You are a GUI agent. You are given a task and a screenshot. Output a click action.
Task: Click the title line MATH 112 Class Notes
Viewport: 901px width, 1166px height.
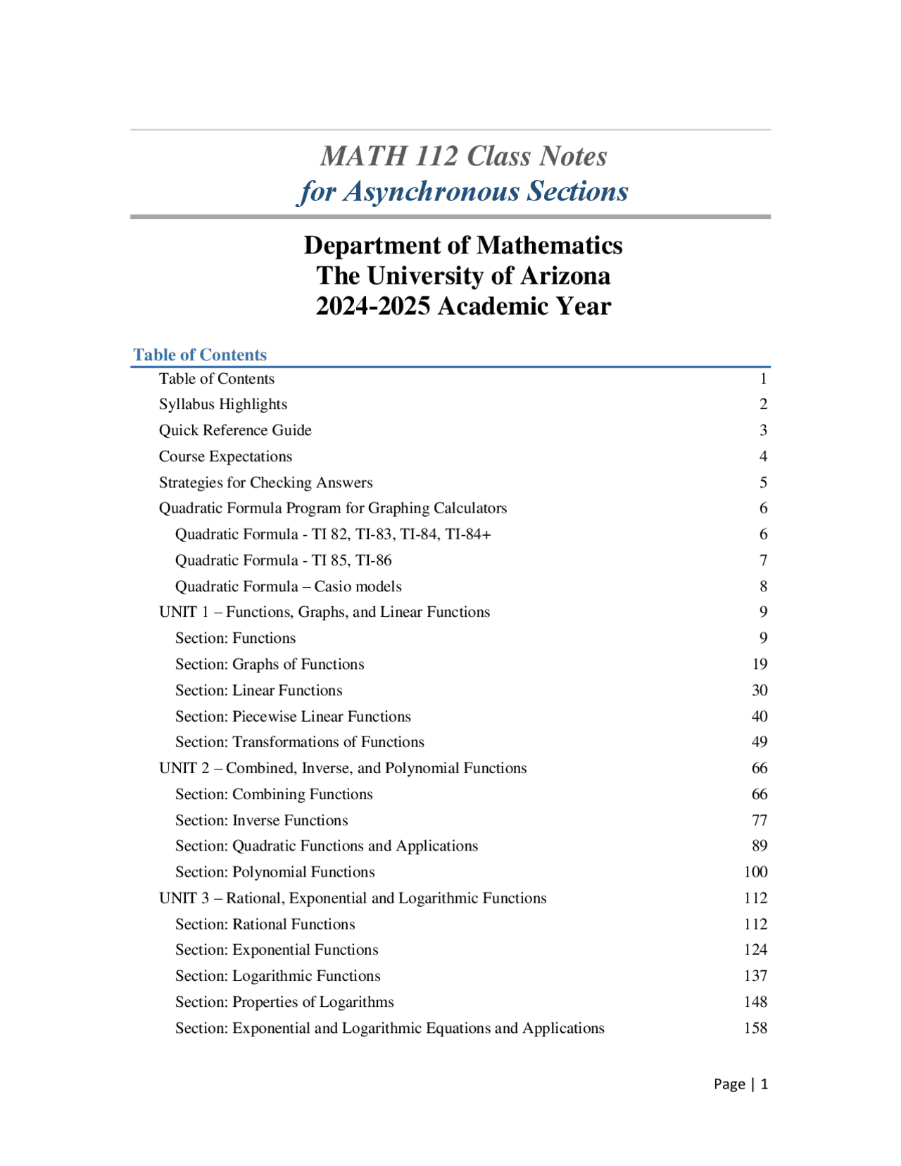click(463, 156)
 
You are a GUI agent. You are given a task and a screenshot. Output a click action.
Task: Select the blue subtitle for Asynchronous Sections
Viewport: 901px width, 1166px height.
click(463, 192)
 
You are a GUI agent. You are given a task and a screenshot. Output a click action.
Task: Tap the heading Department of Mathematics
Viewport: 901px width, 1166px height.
click(463, 245)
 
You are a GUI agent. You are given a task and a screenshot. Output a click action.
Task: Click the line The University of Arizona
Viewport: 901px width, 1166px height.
click(463, 275)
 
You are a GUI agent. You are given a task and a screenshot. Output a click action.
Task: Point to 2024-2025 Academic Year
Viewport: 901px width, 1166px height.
click(463, 306)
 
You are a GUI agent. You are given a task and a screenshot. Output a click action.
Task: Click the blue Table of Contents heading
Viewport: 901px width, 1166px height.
click(200, 355)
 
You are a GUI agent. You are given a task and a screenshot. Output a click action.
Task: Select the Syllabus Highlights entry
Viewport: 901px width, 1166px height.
click(223, 404)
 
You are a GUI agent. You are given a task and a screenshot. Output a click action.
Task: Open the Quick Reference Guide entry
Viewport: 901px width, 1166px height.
click(235, 430)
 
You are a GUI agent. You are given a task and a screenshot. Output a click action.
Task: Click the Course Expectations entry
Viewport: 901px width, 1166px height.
click(225, 456)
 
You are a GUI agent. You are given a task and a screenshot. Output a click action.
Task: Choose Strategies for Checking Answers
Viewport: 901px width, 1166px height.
click(265, 482)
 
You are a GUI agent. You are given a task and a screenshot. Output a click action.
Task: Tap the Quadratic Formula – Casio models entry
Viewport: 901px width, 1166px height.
click(289, 587)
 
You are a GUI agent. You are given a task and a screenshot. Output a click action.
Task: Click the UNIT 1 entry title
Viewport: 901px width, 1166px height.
click(325, 612)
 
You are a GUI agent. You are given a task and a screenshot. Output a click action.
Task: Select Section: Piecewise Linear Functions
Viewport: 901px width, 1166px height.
click(293, 716)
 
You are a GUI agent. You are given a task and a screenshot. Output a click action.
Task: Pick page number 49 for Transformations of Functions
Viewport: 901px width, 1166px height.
click(759, 742)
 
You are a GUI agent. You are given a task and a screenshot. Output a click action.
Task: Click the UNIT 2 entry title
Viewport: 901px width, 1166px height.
click(343, 768)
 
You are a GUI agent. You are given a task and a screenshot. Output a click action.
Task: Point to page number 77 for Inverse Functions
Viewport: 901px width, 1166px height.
click(759, 820)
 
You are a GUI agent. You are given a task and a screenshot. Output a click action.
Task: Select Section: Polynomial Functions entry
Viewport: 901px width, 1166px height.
click(275, 872)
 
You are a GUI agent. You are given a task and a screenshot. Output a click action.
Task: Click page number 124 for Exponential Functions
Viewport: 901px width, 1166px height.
click(755, 950)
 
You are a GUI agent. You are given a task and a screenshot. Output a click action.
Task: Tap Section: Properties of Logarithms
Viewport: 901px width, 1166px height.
click(284, 1002)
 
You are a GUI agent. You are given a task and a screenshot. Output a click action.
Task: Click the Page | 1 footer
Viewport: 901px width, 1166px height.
click(741, 1084)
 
